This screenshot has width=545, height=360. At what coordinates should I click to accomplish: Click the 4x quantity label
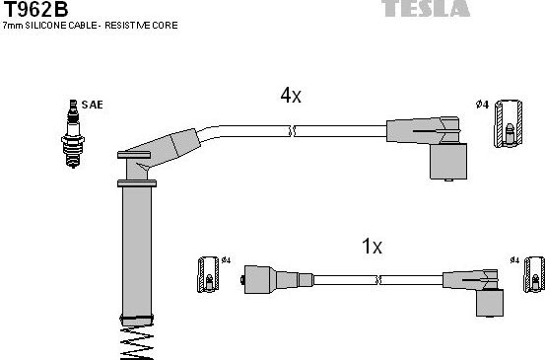[290, 97]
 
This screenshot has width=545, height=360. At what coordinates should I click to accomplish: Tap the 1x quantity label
[372, 247]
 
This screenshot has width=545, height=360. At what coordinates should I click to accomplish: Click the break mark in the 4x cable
[290, 130]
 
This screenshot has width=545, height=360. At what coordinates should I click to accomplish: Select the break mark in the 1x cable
[375, 279]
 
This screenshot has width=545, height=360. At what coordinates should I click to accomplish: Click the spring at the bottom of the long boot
[136, 343]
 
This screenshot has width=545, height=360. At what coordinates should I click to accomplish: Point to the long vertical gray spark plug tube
[135, 252]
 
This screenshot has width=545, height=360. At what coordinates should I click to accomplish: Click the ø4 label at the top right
[481, 105]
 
